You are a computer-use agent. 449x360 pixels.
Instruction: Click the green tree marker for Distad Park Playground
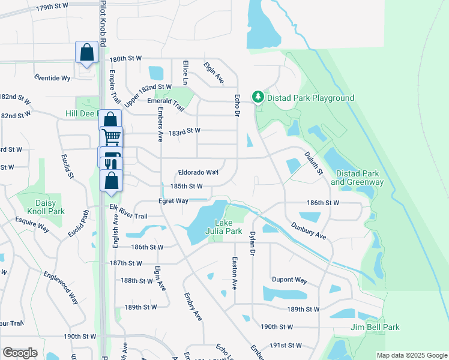click(x=258, y=97)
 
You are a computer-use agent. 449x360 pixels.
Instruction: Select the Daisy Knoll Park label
click(x=41, y=208)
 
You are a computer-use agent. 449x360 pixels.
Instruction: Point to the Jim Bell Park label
click(x=375, y=327)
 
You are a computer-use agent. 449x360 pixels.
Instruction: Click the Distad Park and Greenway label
click(x=360, y=178)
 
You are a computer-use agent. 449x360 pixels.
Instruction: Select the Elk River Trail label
click(x=128, y=212)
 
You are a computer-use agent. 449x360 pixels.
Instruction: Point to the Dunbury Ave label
click(x=309, y=231)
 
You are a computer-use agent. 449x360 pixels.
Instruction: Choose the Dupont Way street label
click(x=289, y=280)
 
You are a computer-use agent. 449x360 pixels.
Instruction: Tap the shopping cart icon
click(x=111, y=137)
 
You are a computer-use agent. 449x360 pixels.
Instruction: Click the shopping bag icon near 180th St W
click(x=86, y=52)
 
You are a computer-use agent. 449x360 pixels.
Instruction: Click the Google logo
click(x=20, y=353)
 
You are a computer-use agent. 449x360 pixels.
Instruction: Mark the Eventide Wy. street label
click(x=53, y=78)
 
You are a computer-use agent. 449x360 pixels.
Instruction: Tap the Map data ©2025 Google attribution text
click(x=411, y=355)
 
